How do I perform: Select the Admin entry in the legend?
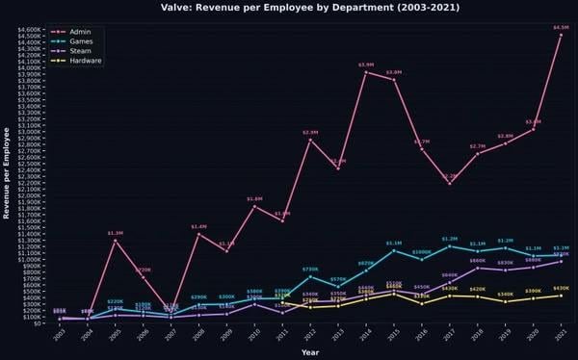(81, 32)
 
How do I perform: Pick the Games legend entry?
(83, 41)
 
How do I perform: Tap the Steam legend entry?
(83, 51)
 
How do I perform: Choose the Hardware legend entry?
(87, 61)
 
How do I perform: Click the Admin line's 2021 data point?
(561, 35)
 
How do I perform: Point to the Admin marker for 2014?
(366, 72)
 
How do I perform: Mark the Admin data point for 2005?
(116, 241)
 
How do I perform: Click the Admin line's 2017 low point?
(450, 183)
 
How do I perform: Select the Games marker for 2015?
(394, 250)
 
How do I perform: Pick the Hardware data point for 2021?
(561, 296)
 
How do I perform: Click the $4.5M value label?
(561, 28)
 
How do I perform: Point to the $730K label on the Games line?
(310, 270)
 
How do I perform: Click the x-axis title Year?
(310, 352)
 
